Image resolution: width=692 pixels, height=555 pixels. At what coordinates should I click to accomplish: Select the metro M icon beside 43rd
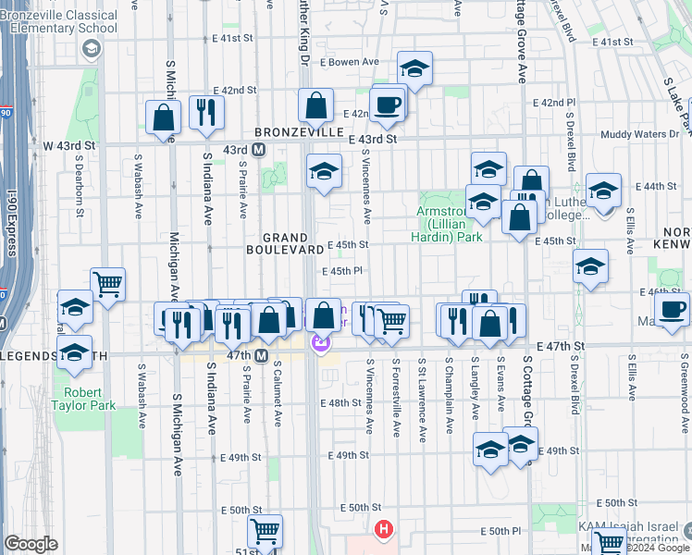pyautogui.click(x=260, y=149)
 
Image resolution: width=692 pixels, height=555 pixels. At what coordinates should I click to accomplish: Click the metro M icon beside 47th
pyautogui.click(x=262, y=355)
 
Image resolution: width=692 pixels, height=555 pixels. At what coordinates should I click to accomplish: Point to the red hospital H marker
pyautogui.click(x=383, y=530)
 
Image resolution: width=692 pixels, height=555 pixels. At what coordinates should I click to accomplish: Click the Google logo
pyautogui.click(x=31, y=544)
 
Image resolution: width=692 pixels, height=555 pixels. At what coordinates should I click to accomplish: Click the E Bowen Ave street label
pyautogui.click(x=351, y=62)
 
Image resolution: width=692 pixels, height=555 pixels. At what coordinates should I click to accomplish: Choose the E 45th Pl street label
pyautogui.click(x=340, y=271)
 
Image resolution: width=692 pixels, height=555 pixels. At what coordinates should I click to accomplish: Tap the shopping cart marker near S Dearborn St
pyautogui.click(x=108, y=284)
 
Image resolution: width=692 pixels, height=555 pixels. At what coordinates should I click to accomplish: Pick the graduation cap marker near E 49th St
pyautogui.click(x=490, y=449)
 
